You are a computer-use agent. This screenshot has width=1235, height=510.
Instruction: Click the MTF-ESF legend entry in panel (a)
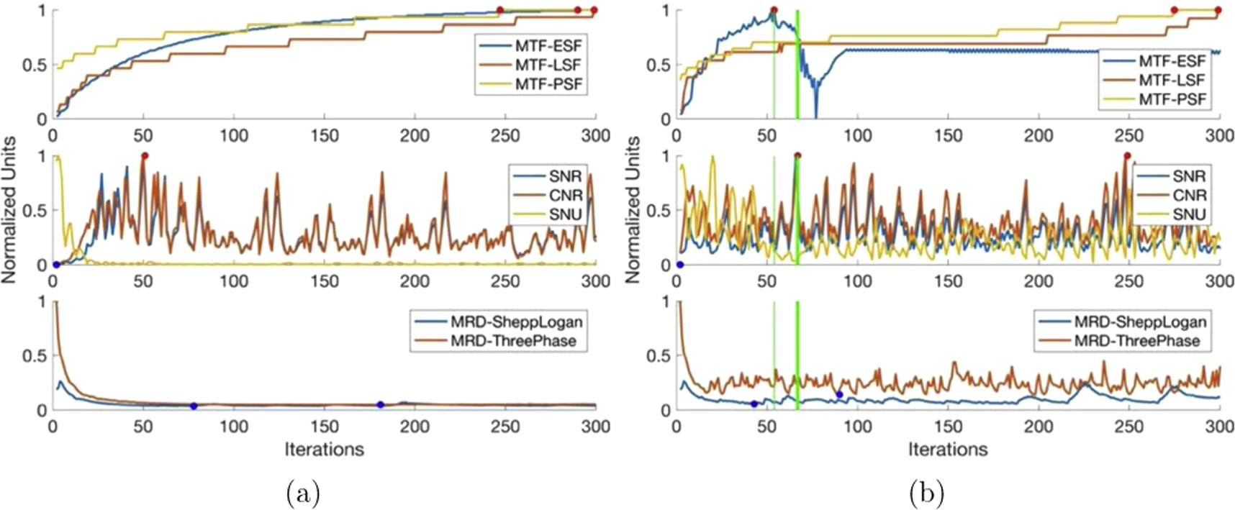click(548, 45)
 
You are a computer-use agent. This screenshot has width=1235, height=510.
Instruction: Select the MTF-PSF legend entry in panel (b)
click(1172, 99)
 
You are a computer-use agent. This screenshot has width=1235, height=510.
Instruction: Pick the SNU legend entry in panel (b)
click(1188, 214)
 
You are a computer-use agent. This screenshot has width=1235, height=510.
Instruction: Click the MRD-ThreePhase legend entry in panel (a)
click(513, 341)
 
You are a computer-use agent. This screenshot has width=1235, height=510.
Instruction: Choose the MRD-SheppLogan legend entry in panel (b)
click(1140, 322)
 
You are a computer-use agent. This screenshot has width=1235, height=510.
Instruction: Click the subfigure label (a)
click(303, 493)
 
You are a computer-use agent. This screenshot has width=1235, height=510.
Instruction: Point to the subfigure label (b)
click(927, 493)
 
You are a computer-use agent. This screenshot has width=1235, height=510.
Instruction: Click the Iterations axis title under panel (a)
click(324, 450)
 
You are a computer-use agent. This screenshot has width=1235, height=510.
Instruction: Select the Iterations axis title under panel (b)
click(947, 450)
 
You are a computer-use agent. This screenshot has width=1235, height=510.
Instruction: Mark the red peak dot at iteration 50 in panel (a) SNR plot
click(145, 156)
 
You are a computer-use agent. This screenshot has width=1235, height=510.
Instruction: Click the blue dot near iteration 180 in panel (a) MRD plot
click(380, 405)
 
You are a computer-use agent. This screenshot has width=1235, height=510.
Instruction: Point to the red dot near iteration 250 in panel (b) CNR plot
click(1127, 156)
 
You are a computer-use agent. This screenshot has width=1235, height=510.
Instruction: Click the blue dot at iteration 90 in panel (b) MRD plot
click(839, 394)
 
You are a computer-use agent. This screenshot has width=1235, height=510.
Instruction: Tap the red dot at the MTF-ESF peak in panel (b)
click(774, 11)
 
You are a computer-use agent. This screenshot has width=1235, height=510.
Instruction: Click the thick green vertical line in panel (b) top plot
click(797, 72)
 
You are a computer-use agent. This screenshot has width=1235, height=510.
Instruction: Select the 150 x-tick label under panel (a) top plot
click(324, 136)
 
